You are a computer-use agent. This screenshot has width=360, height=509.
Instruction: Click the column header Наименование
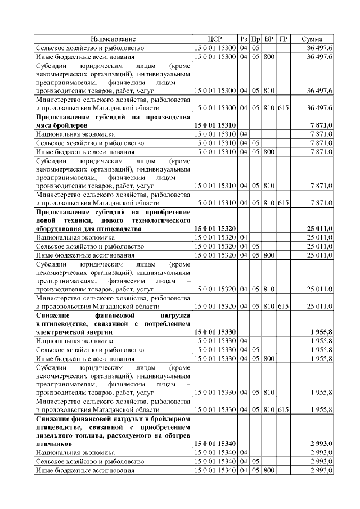click(x=113, y=39)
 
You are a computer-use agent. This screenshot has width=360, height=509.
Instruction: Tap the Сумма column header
click(x=312, y=39)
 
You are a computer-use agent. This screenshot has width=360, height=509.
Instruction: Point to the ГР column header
click(x=283, y=39)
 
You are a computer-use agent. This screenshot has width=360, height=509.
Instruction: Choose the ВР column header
click(x=269, y=39)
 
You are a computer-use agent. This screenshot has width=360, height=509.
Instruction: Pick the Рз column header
click(x=244, y=39)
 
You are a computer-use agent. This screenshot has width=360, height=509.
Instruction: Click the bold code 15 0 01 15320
click(x=215, y=229)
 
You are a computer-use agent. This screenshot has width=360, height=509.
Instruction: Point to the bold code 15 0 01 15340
click(x=215, y=444)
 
